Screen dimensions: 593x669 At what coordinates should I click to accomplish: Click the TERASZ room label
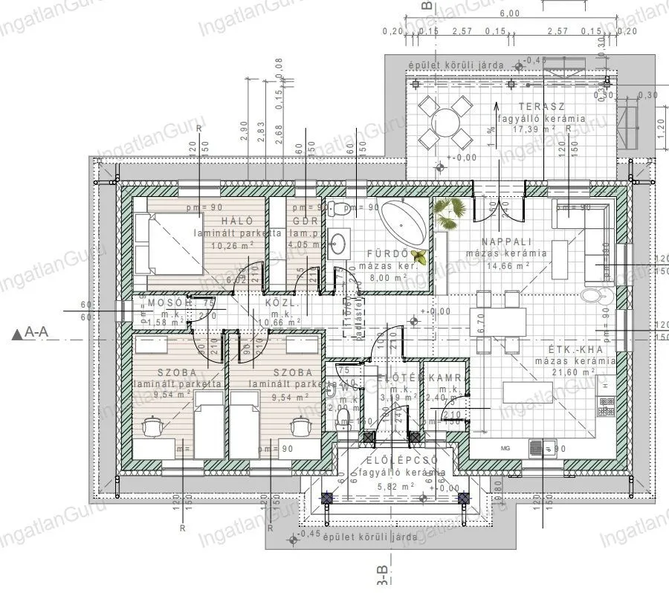(x=537, y=106)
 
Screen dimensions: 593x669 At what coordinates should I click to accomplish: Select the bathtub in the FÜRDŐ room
(x=406, y=221)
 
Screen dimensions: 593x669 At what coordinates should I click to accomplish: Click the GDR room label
(x=305, y=221)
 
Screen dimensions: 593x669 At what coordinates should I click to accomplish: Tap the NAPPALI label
(x=505, y=242)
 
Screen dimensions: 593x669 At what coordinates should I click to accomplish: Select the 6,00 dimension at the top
(x=509, y=14)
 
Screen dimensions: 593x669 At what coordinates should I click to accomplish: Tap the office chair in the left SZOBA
(x=152, y=426)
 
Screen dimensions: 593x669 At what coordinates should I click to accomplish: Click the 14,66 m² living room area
(x=508, y=265)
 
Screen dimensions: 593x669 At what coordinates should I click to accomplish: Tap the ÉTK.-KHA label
(x=579, y=349)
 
